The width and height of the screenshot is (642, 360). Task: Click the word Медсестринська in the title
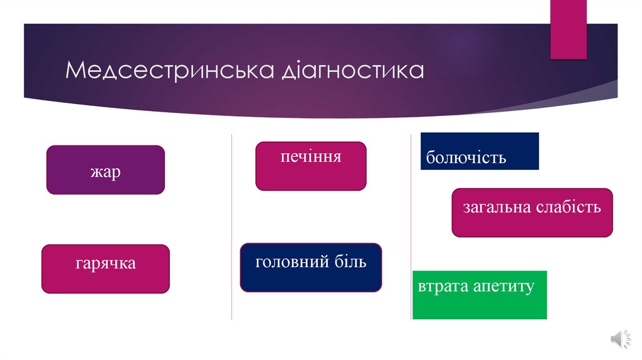tap(169, 70)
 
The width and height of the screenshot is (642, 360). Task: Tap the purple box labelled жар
tap(105, 170)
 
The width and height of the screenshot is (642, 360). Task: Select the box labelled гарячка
tap(105, 269)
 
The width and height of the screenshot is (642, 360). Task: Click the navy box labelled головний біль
tap(310, 267)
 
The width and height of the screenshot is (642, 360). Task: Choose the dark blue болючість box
tap(480, 151)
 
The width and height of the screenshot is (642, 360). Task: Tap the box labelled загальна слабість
tap(532, 213)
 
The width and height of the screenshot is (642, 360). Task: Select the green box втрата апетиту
tap(480, 295)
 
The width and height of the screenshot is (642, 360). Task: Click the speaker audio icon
tap(616, 339)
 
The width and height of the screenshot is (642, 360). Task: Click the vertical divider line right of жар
tap(232, 226)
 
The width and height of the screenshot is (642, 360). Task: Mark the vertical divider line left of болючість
tap(411, 226)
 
